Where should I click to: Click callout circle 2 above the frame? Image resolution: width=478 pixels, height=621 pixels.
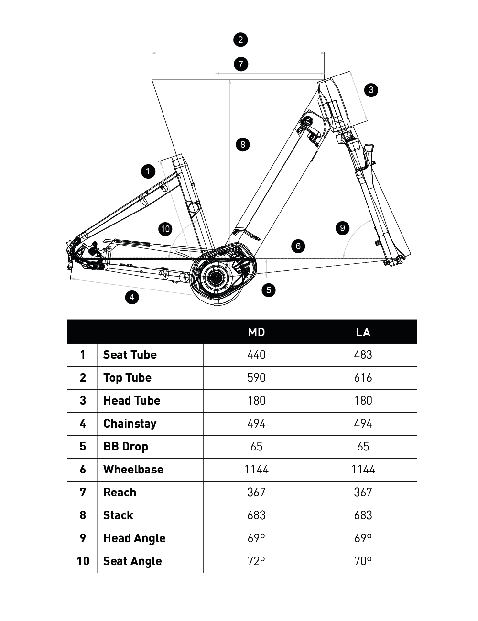point(240,40)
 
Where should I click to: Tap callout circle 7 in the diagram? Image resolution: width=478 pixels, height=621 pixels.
point(241,64)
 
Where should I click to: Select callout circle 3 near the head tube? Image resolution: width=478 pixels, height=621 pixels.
point(371,90)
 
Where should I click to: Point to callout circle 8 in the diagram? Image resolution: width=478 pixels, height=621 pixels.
point(243,144)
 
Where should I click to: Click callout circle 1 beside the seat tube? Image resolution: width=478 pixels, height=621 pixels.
point(148,171)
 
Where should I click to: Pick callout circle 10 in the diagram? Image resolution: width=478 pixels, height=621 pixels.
point(165,229)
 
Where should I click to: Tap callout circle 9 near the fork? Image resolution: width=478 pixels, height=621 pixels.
point(342,228)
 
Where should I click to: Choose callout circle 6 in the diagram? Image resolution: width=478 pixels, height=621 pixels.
point(298,246)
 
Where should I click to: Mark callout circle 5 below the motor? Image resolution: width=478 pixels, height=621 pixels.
point(269,289)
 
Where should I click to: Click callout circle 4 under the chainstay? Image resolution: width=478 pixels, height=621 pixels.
point(132,297)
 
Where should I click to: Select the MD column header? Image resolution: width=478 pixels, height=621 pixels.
point(256,332)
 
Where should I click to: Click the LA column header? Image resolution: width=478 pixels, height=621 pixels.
point(363,332)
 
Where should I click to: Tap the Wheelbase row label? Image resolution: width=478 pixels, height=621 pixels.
point(133,470)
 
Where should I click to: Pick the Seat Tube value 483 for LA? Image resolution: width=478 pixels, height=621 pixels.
point(363,355)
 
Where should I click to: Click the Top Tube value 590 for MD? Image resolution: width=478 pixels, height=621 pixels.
point(256,378)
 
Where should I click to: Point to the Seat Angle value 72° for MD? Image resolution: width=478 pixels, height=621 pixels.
point(256,561)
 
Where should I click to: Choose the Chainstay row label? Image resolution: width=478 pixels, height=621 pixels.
point(130,424)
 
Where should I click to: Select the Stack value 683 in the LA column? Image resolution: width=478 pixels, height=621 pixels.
point(363,515)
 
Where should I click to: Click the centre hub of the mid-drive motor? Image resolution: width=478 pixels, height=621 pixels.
point(217,277)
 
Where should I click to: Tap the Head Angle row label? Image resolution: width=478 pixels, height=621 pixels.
point(134,538)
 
